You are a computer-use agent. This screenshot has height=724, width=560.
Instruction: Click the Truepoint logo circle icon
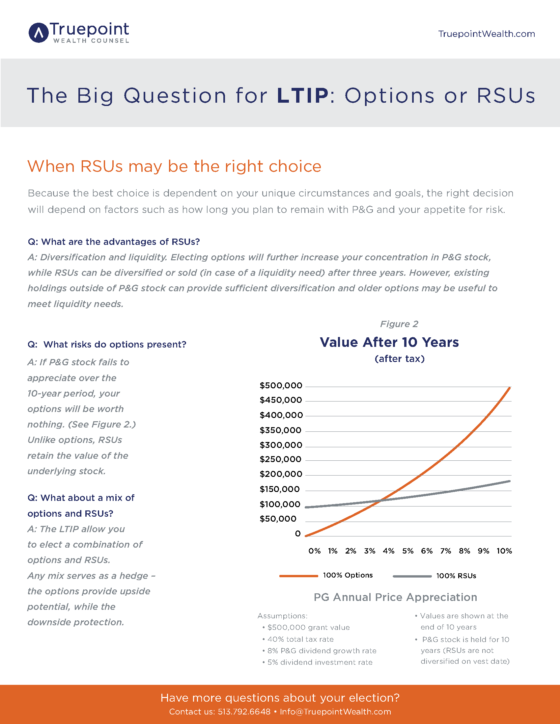(x=39, y=33)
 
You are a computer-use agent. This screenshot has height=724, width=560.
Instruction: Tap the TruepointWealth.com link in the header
(x=486, y=34)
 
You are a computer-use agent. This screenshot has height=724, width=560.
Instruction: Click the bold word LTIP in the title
(x=302, y=96)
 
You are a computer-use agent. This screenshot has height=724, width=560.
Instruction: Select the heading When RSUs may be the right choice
(x=174, y=166)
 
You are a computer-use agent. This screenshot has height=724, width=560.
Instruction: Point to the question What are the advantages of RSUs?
(x=114, y=242)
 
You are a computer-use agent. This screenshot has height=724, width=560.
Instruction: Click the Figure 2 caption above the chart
(x=399, y=324)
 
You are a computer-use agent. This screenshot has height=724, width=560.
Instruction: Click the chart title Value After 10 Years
(x=389, y=342)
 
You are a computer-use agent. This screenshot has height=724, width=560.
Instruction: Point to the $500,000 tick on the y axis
(x=281, y=386)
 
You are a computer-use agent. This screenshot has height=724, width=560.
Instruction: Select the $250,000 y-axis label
(x=280, y=459)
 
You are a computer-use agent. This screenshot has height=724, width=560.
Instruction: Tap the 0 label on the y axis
(x=297, y=534)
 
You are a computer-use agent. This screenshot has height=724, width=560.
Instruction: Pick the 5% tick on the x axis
(x=408, y=551)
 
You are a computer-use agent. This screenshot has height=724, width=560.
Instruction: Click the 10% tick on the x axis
(x=504, y=551)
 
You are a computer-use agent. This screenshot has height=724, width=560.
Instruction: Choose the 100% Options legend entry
(x=347, y=575)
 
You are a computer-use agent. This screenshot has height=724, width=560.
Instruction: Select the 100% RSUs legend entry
(x=456, y=576)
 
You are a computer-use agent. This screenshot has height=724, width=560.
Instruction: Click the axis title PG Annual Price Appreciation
(x=395, y=597)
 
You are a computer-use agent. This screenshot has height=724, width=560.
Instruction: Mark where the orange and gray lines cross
(x=380, y=500)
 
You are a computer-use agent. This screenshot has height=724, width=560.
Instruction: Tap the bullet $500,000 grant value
(x=308, y=628)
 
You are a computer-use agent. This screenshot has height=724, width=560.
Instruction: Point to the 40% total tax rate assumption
(x=300, y=639)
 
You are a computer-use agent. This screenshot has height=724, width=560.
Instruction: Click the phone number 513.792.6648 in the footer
(x=244, y=712)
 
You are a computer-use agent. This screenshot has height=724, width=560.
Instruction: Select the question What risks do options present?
(x=107, y=345)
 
